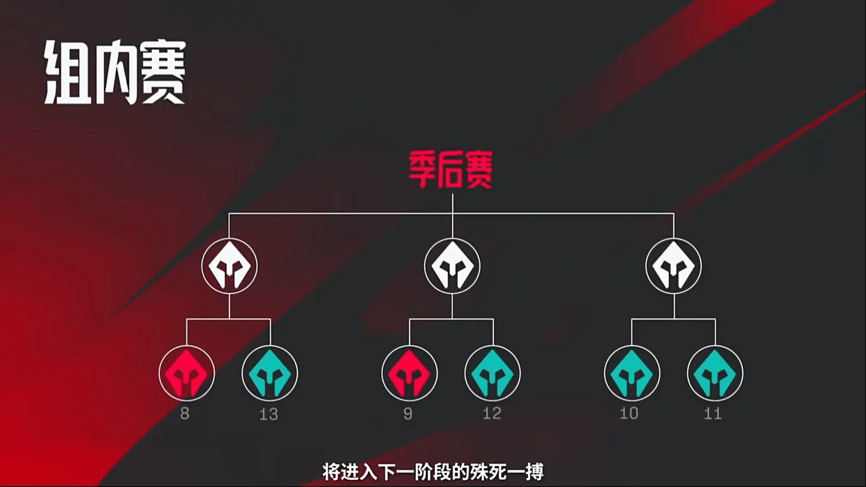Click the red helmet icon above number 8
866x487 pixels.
(x=186, y=373)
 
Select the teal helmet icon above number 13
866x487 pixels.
(x=269, y=373)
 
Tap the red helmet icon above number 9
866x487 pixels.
(x=409, y=373)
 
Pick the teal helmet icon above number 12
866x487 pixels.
(x=493, y=373)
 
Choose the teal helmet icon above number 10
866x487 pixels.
(x=631, y=373)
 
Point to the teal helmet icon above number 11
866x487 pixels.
(x=715, y=373)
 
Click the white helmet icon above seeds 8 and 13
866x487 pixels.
(x=229, y=266)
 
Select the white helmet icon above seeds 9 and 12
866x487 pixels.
(x=452, y=266)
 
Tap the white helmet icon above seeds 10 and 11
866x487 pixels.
(x=674, y=266)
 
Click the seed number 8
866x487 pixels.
(x=185, y=414)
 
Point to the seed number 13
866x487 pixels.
(x=269, y=414)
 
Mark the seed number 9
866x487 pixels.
(x=408, y=414)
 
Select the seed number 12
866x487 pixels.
(x=492, y=414)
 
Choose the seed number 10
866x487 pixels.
(x=630, y=414)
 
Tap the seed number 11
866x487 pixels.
(x=713, y=414)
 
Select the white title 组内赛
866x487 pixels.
(x=115, y=74)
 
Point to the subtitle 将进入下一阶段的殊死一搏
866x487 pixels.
(x=433, y=472)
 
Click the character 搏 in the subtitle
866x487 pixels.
(x=535, y=472)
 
